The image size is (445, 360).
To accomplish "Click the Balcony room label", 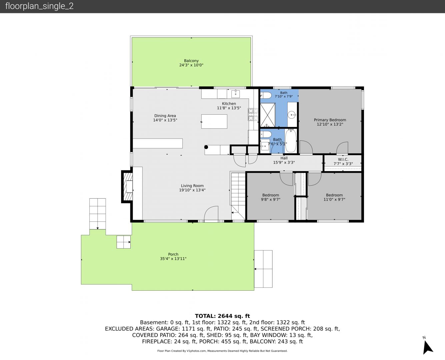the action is [x=191, y=61].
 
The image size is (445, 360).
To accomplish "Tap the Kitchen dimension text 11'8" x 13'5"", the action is [x=229, y=108].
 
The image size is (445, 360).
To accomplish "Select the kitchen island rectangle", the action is [x=214, y=121].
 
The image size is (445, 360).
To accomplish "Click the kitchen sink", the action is [x=235, y=94].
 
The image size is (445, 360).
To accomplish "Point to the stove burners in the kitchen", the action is [x=253, y=114].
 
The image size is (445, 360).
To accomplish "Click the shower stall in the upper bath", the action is [x=268, y=115].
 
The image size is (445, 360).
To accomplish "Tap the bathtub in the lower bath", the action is [x=291, y=141].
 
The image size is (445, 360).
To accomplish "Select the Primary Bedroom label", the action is [x=330, y=120].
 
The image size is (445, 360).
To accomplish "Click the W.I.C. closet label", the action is [x=343, y=159].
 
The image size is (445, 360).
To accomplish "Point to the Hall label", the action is [x=284, y=158].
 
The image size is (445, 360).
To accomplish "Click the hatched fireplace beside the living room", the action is [x=128, y=186].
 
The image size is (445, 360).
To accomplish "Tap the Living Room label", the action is [x=192, y=186].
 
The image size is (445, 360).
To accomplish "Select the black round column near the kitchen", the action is [x=206, y=147].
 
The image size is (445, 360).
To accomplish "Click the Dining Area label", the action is [x=165, y=116].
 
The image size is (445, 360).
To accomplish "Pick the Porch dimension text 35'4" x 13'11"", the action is [x=173, y=259].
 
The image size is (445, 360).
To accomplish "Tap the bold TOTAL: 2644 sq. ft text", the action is [x=222, y=316].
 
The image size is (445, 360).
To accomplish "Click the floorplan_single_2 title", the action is [x=39, y=6].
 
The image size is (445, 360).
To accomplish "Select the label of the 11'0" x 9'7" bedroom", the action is [x=334, y=195].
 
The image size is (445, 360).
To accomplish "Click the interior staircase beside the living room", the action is [x=238, y=196].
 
